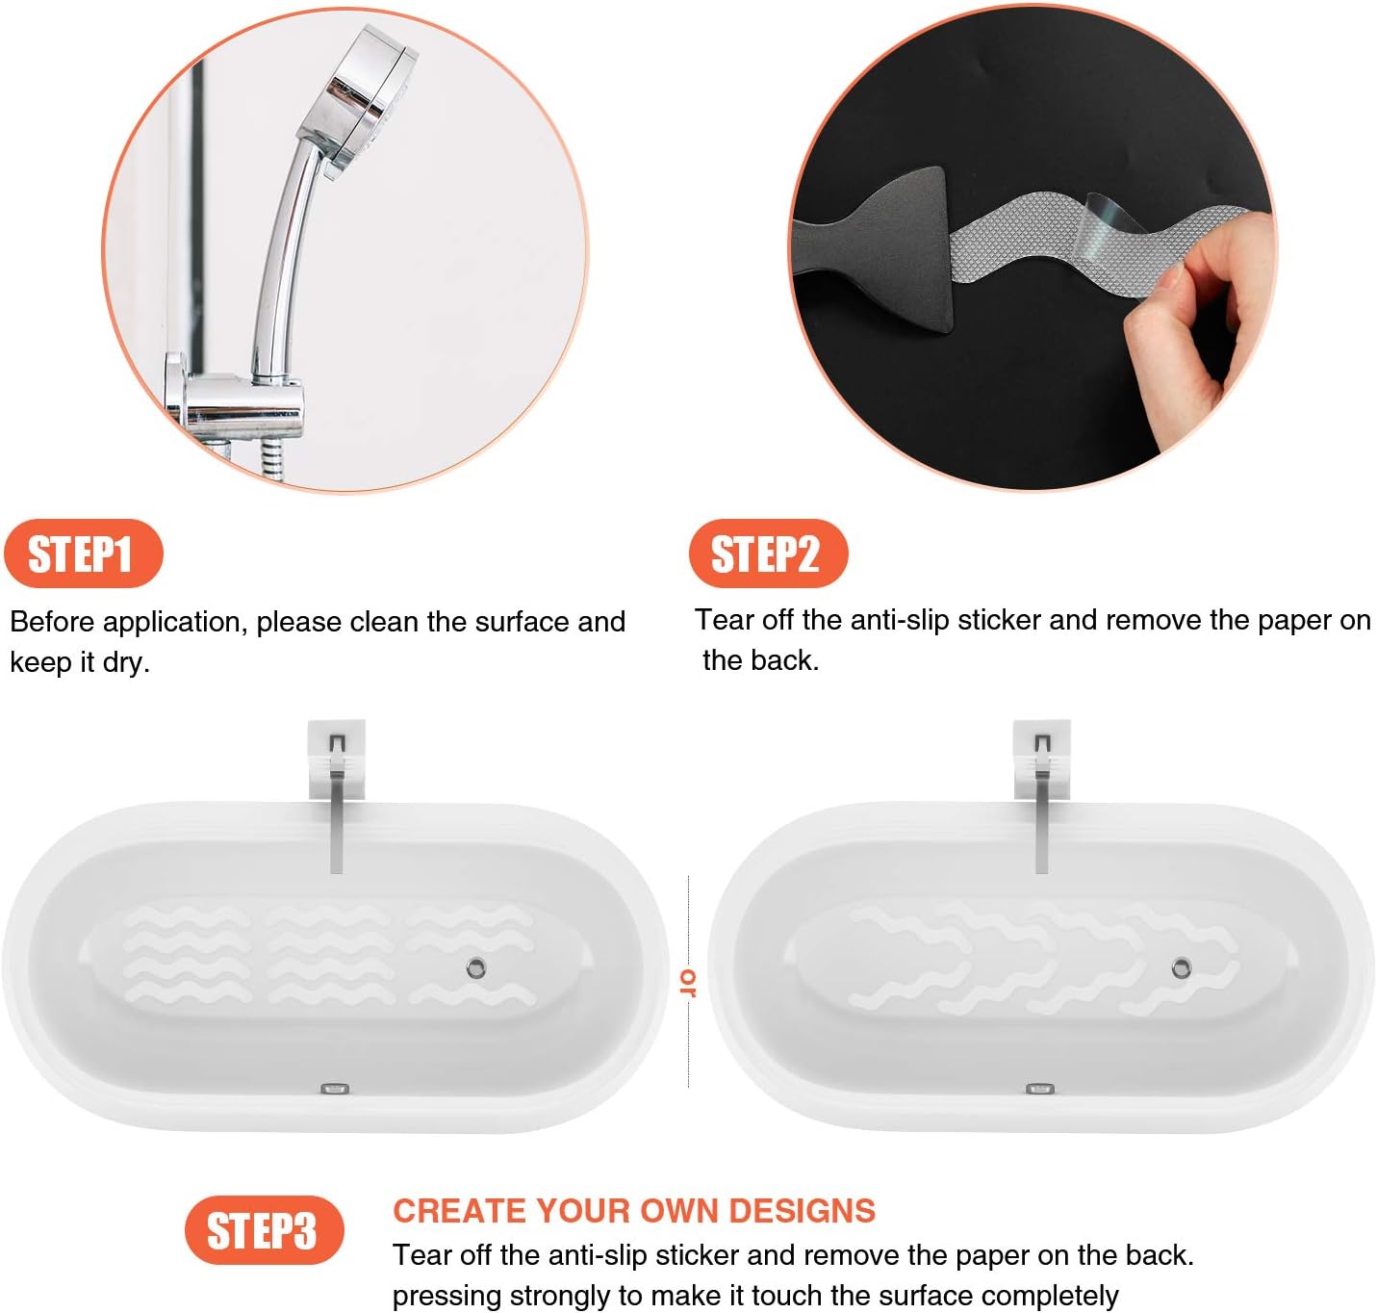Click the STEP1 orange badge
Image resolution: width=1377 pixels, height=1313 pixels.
(x=83, y=554)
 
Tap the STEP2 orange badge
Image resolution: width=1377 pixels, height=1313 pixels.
(x=767, y=554)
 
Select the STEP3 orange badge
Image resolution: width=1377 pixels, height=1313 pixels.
(x=264, y=1231)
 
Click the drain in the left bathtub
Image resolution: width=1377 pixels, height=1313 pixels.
(x=475, y=967)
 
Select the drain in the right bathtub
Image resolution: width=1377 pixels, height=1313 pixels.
(x=1181, y=968)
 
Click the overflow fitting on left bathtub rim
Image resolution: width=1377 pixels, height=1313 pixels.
(x=334, y=1089)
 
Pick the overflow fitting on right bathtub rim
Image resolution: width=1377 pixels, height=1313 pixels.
(x=1039, y=1089)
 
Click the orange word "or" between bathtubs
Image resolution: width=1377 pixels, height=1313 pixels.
(x=687, y=982)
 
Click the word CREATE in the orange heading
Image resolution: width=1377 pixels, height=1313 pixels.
(x=459, y=1211)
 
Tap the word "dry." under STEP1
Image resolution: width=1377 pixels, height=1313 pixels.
(x=126, y=663)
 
